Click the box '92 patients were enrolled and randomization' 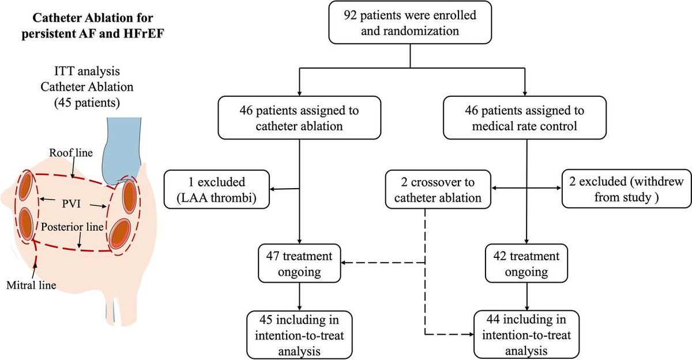(410, 24)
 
